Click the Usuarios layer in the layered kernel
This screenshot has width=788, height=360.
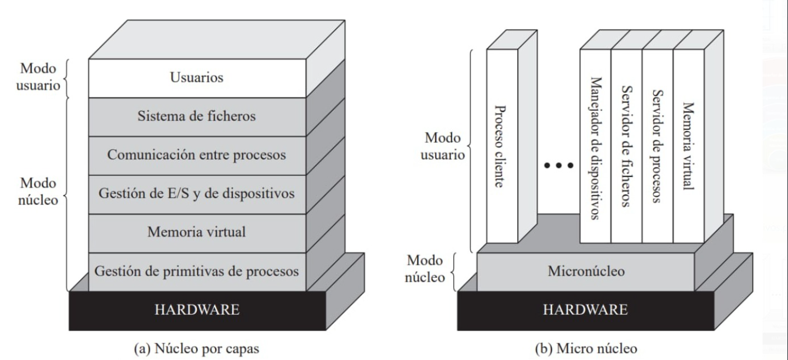197,78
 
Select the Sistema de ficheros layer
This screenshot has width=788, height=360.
197,117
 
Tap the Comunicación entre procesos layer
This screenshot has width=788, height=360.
197,155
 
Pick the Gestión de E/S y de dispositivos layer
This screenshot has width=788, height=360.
197,194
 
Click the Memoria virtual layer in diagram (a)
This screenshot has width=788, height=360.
197,232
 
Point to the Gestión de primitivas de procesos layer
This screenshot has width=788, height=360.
197,271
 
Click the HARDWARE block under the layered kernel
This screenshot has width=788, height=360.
197,310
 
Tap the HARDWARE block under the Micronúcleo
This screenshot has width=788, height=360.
585,310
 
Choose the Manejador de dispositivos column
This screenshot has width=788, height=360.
595,147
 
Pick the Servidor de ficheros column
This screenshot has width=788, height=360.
626,147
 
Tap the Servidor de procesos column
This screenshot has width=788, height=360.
656,147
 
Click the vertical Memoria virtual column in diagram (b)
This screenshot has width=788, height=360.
688,147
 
